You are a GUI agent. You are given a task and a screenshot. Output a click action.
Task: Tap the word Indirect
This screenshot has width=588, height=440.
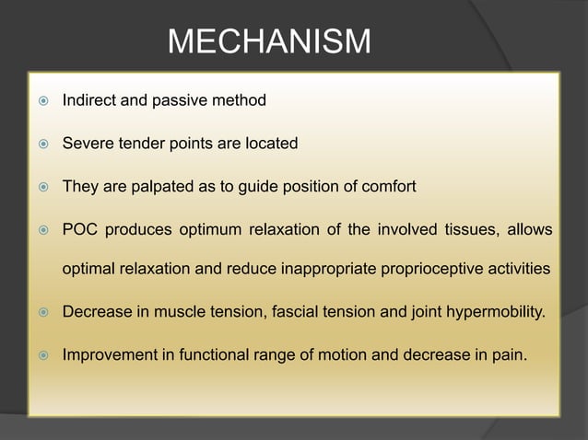88,99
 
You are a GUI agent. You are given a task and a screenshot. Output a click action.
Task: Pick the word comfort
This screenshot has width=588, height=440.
389,187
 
